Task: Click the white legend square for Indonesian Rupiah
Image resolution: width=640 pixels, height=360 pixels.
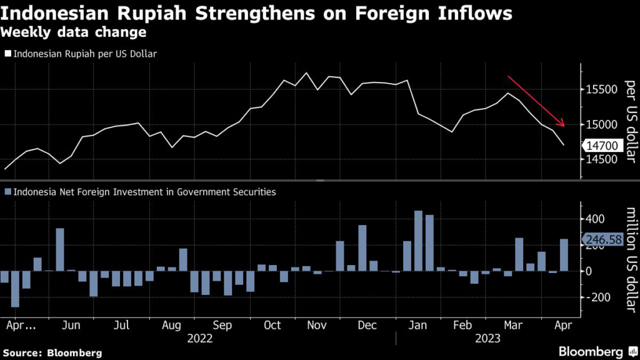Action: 7,54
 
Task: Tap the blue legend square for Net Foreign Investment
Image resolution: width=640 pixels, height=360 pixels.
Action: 7,192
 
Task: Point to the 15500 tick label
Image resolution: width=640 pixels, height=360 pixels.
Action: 602,90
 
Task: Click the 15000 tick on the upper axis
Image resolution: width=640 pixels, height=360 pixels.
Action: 602,124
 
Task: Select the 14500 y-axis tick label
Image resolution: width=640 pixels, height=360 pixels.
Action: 602,159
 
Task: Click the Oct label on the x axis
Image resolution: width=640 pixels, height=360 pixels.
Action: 272,326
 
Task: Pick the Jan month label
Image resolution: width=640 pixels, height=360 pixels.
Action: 418,326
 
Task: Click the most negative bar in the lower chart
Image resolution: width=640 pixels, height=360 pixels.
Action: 15,289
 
